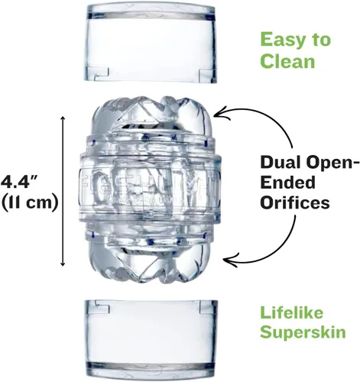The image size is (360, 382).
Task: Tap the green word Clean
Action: pos(287,61)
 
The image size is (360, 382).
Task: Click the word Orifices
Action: pos(295,202)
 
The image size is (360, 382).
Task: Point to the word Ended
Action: pos(288,183)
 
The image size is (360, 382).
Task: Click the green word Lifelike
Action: pos(291,312)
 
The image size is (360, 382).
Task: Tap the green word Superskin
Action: pos(303,332)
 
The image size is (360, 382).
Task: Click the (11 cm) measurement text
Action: pos(30,202)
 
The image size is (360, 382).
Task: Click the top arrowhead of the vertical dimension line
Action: pos(63,118)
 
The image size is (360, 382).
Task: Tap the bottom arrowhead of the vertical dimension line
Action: pos(63,264)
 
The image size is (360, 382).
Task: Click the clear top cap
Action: pos(151,43)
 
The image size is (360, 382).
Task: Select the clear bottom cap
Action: pos(151,339)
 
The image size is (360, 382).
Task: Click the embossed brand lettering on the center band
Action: pos(151,183)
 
